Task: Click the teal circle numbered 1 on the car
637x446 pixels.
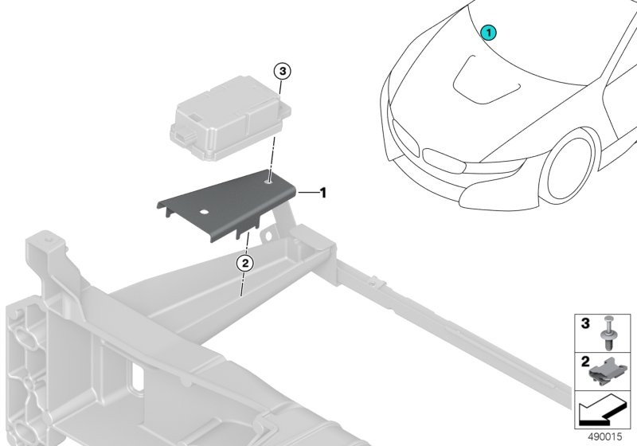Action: [x=488, y=33]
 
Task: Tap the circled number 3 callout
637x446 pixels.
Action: [x=283, y=72]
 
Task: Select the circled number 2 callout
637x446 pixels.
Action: [x=245, y=264]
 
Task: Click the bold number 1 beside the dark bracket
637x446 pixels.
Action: [x=323, y=193]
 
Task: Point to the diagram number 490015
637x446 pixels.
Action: [x=605, y=436]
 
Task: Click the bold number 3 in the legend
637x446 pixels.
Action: [x=585, y=323]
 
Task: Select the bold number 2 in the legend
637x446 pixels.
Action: [x=585, y=362]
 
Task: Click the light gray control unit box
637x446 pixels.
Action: [x=230, y=119]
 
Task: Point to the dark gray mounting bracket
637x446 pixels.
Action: [x=228, y=205]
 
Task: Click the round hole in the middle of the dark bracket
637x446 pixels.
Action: [x=204, y=212]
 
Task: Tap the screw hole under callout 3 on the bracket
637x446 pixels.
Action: [x=268, y=182]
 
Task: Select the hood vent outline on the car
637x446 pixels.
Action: [x=485, y=82]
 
